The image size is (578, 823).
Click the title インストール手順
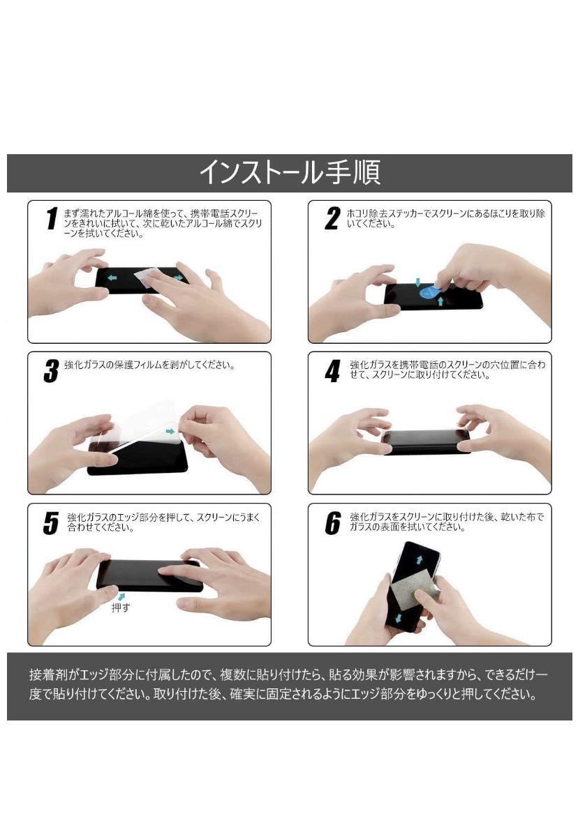[x=290, y=172]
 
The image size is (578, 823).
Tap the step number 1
[x=52, y=218]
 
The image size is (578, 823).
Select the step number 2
[x=332, y=218]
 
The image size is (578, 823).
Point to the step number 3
[x=51, y=370]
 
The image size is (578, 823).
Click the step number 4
[x=332, y=370]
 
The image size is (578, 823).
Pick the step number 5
[x=51, y=523]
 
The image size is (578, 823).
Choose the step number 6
[x=332, y=523]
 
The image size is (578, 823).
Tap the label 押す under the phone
[x=120, y=607]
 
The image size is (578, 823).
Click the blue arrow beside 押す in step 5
[x=122, y=596]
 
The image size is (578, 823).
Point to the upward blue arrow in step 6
[x=420, y=559]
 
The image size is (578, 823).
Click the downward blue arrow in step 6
[x=398, y=618]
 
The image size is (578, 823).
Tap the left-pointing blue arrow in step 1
[x=112, y=277]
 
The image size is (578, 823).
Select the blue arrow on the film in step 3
[x=170, y=432]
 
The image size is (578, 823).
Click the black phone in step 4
[x=426, y=442]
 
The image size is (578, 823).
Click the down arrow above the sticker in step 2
[x=417, y=282]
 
